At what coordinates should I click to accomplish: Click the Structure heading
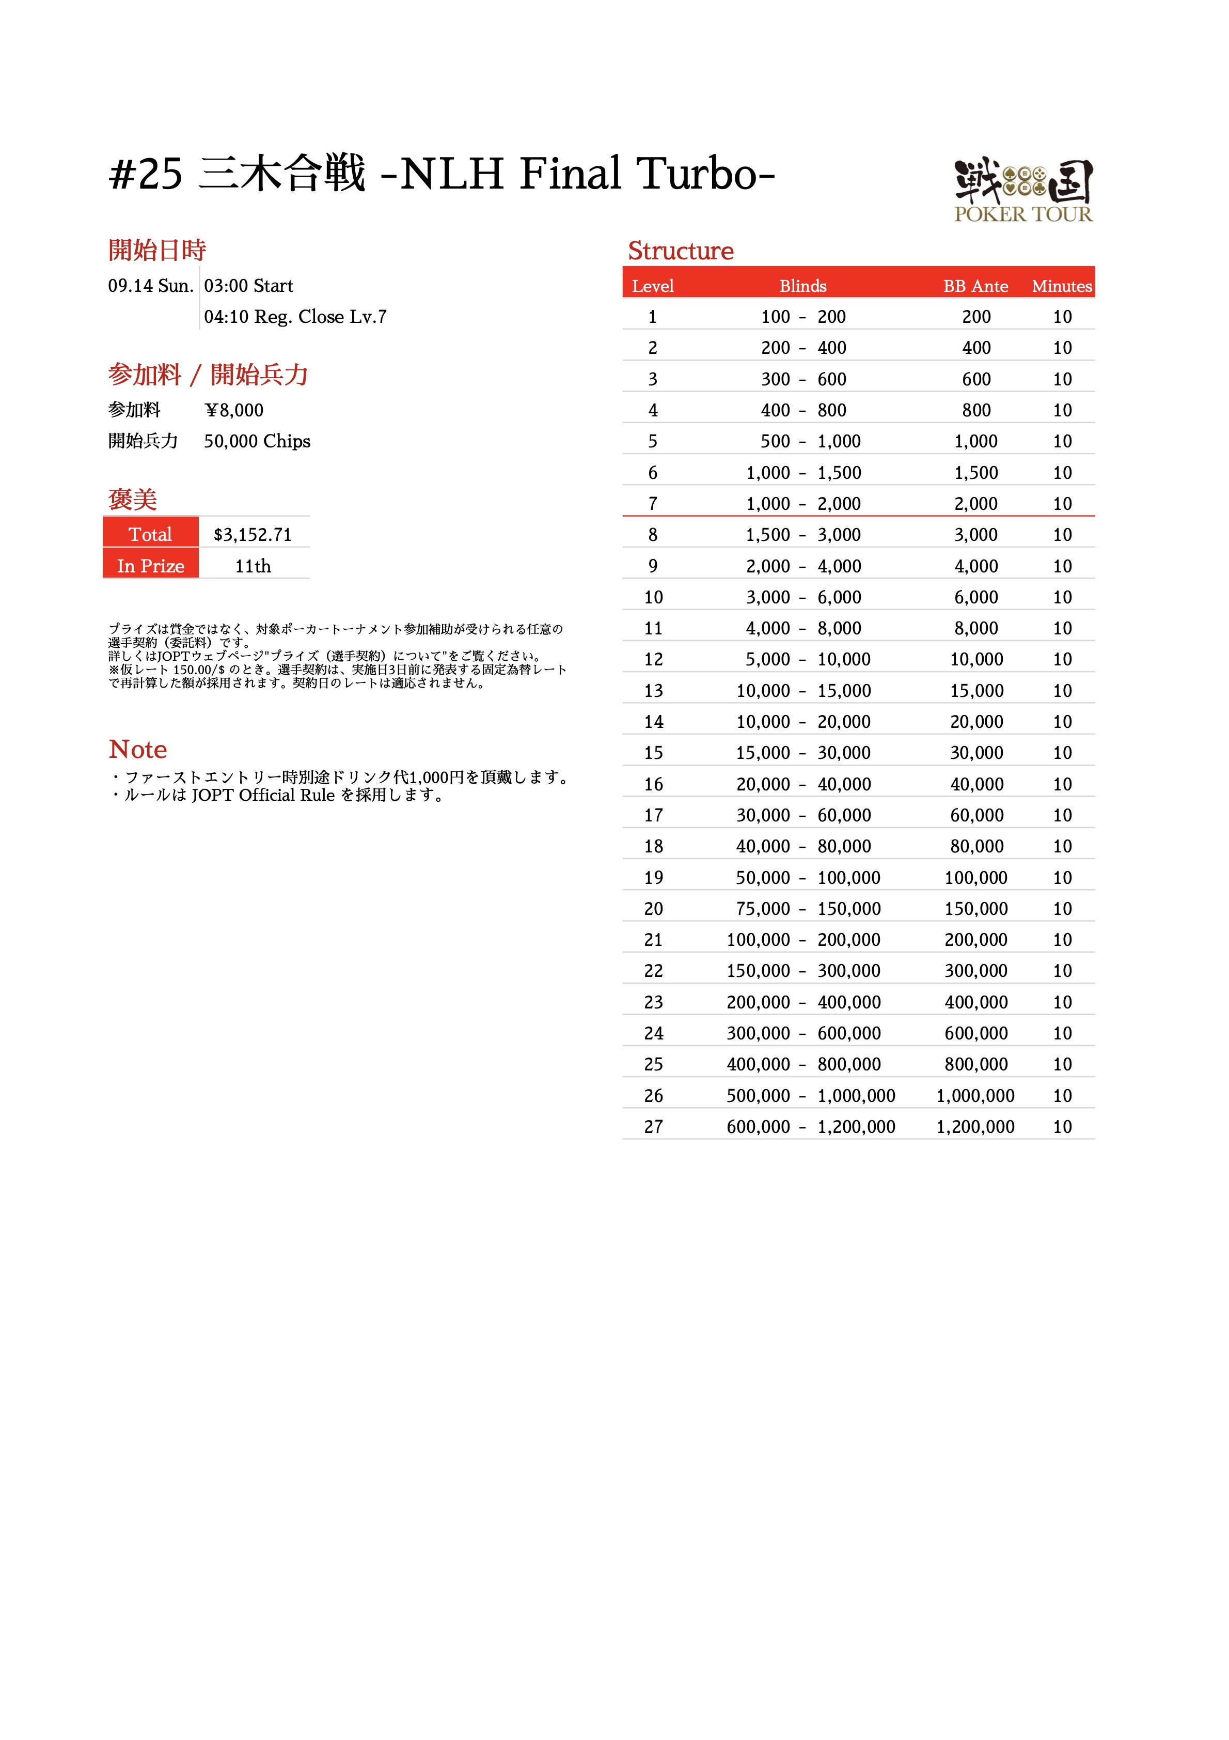pyautogui.click(x=681, y=251)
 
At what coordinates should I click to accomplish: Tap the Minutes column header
pyautogui.click(x=1062, y=286)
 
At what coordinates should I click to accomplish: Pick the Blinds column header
pyautogui.click(x=802, y=286)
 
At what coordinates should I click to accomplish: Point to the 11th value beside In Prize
pyautogui.click(x=253, y=566)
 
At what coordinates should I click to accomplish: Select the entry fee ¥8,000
pyautogui.click(x=234, y=410)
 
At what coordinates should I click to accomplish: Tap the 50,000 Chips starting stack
pyautogui.click(x=257, y=441)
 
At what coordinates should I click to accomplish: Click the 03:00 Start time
pyautogui.click(x=248, y=286)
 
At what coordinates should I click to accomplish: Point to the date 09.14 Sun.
pyautogui.click(x=151, y=286)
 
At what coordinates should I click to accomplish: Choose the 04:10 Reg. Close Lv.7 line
pyautogui.click(x=295, y=317)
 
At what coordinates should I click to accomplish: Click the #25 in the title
pyautogui.click(x=146, y=175)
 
